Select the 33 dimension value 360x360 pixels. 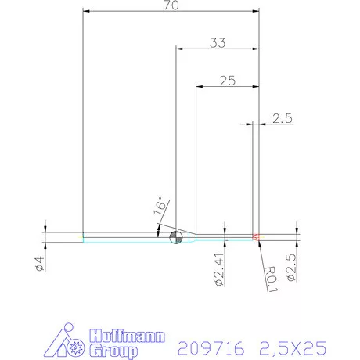coord(217,44)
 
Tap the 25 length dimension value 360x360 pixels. coord(227,80)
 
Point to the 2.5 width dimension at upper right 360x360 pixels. coord(282,118)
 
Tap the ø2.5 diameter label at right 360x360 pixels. coord(291,267)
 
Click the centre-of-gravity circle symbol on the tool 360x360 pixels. coord(176,237)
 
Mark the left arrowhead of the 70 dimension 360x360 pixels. coord(86,12)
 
